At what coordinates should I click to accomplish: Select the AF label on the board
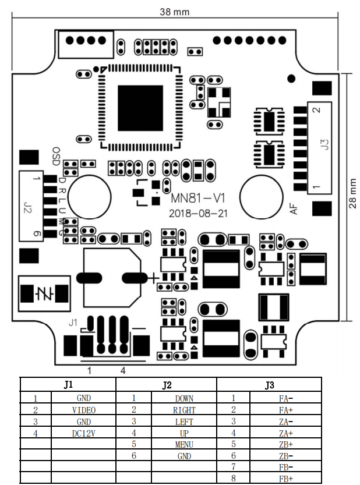point(295,208)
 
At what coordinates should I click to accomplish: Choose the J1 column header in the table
point(68,384)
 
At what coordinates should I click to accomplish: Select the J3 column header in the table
point(269,384)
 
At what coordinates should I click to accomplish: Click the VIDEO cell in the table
point(84,410)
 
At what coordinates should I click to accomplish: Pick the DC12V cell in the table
point(84,433)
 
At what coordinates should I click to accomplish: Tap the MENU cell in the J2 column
point(184,444)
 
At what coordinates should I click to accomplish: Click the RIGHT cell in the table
point(184,410)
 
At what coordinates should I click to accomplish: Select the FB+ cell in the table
point(285,479)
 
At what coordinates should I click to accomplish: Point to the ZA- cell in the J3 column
point(285,422)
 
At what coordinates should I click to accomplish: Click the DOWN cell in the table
point(184,398)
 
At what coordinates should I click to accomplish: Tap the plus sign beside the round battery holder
point(154,278)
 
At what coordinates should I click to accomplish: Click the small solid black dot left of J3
point(291,79)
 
